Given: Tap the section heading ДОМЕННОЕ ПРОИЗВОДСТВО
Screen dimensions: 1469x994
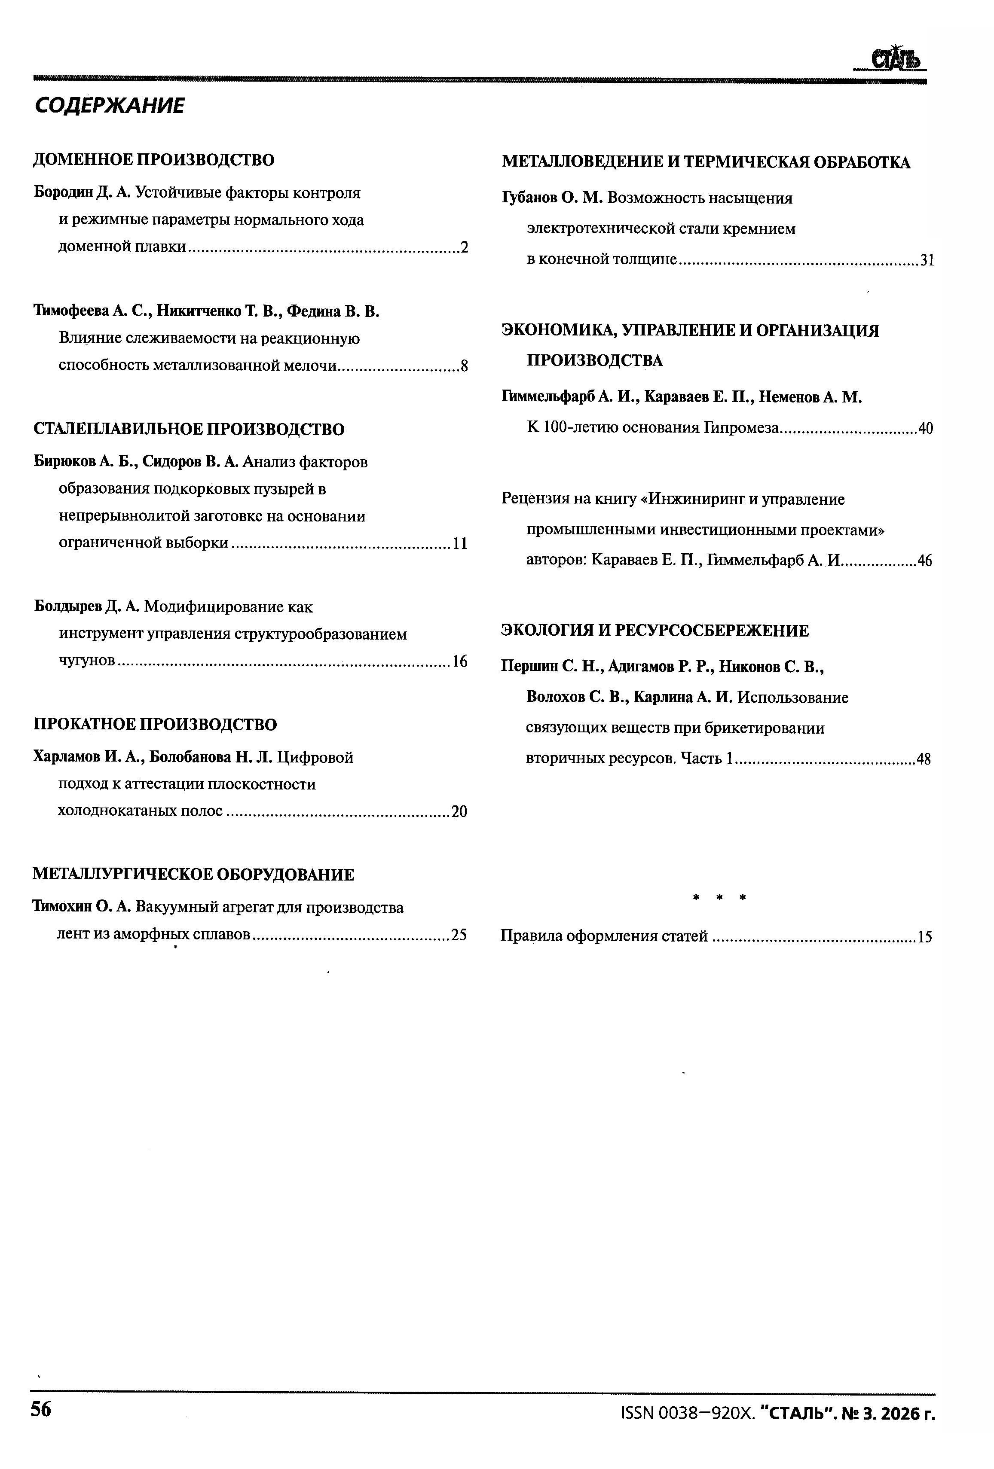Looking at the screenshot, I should click(154, 160).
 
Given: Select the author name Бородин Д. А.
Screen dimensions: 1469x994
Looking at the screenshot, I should click(82, 192).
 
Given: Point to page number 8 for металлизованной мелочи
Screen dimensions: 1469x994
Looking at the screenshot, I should click(464, 366).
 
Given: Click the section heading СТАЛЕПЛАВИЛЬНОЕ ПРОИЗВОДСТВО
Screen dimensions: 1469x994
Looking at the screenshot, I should click(188, 430).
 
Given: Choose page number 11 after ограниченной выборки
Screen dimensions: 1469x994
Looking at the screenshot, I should click(460, 544).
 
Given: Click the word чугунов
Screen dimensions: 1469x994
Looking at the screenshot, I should click(87, 661).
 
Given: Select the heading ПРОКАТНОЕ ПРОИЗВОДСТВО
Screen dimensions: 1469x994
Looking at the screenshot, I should click(155, 724).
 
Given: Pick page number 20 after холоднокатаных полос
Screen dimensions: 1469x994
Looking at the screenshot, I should click(459, 812).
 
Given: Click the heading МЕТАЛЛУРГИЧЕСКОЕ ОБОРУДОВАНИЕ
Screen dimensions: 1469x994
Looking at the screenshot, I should click(193, 875).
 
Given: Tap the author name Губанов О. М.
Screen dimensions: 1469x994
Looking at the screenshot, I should click(553, 198).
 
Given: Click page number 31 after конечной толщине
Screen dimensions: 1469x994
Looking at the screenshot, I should click(927, 260).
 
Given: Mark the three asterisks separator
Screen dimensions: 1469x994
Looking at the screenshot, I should click(719, 898).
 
